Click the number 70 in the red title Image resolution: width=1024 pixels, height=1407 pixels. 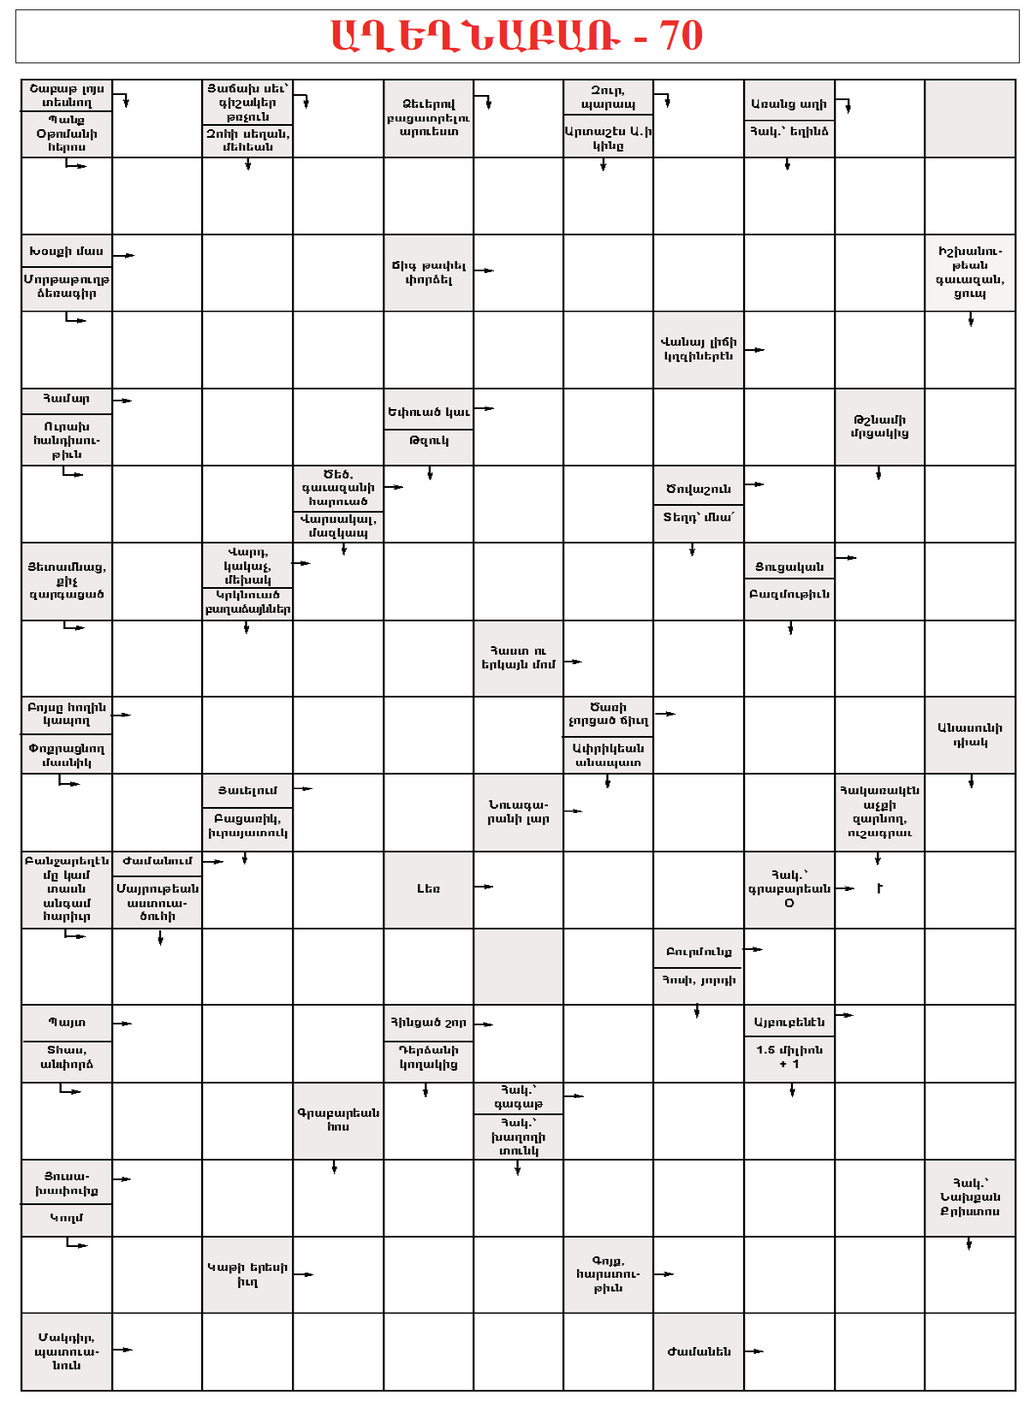point(681,36)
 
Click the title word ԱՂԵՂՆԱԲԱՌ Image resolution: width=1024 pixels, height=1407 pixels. point(476,36)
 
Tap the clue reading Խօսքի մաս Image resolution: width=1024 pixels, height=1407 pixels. point(66,252)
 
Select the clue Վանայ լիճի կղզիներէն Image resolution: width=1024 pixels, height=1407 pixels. point(698,349)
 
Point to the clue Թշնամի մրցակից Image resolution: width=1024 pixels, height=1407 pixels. point(879,426)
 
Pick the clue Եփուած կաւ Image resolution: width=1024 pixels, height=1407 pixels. point(428,412)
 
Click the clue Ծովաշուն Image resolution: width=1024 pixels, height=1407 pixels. point(698,489)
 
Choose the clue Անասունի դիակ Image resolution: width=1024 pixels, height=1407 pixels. point(970,735)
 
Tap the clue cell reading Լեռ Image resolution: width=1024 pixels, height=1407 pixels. point(428,889)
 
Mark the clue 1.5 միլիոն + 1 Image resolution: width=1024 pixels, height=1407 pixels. point(789,1057)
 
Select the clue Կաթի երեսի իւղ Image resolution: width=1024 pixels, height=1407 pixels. point(247,1274)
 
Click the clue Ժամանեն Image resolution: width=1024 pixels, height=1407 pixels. point(698,1351)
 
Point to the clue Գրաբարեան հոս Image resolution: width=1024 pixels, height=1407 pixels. point(338,1119)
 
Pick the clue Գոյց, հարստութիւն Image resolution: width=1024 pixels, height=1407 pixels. point(608,1274)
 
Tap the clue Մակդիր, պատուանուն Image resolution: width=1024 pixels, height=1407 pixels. point(66,1351)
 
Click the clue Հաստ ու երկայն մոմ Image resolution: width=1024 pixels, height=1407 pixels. point(518,657)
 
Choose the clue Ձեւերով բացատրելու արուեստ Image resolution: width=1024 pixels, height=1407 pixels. point(428,117)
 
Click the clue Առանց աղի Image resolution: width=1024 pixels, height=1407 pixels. point(789,104)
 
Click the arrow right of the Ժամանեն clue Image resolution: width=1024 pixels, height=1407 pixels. point(753,1351)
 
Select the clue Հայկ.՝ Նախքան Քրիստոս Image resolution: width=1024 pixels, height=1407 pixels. point(970,1197)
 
